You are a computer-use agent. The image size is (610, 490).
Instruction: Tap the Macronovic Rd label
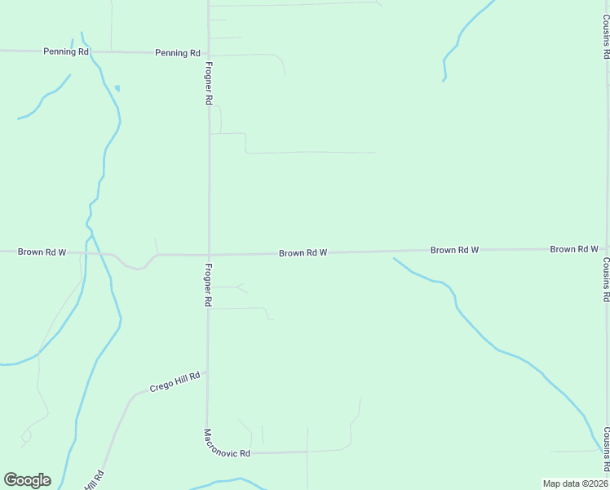227,443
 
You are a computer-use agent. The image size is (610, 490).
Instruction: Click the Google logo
27,480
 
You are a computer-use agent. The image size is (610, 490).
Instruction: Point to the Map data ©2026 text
574,483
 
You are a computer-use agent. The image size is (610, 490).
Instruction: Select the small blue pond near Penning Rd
117,87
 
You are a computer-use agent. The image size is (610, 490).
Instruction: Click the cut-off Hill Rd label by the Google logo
94,479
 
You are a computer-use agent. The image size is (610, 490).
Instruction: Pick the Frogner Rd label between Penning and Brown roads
209,83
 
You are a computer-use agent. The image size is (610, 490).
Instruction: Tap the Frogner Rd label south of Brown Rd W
209,285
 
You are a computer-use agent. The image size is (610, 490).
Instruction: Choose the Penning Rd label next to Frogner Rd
178,53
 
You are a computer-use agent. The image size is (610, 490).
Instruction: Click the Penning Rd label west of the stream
66,51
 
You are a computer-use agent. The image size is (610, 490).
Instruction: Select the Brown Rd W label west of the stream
42,252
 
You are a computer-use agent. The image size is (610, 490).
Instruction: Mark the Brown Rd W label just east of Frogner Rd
303,253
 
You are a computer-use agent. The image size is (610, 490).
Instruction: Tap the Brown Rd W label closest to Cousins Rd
574,249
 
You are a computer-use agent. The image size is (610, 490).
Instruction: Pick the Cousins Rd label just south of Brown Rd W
606,280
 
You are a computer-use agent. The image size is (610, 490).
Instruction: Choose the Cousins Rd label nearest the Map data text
606,450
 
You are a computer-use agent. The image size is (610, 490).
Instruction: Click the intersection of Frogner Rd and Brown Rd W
209,254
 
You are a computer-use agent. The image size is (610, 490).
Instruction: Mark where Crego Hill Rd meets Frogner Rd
207,374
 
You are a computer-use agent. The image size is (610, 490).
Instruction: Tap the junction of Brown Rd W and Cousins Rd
607,248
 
